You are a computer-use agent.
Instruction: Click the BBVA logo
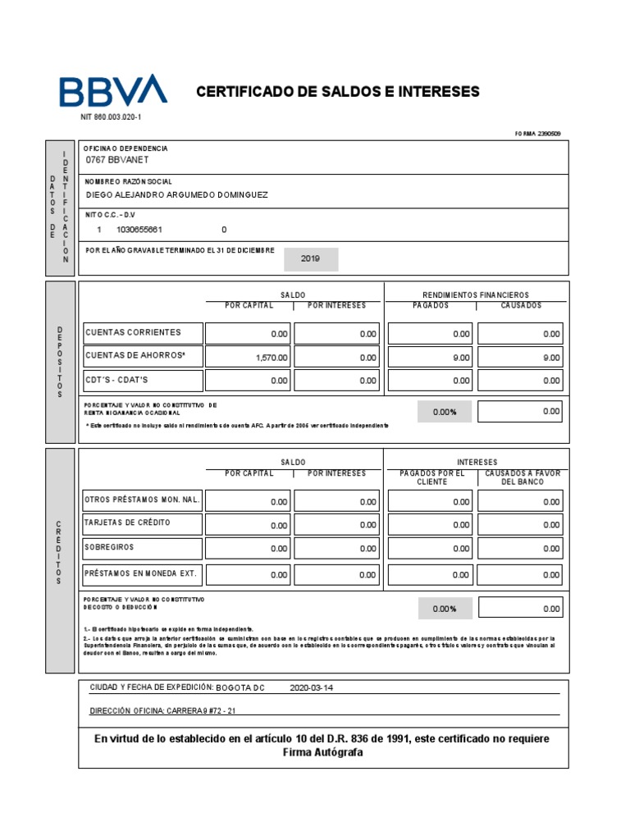(112, 90)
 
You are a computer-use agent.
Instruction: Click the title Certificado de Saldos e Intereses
(337, 91)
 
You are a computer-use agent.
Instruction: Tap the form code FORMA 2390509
(537, 133)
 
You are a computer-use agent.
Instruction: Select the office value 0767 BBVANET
(118, 160)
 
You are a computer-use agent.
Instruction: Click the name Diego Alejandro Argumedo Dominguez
(176, 194)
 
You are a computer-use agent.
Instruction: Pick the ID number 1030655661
(145, 230)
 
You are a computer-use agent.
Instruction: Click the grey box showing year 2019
(310, 258)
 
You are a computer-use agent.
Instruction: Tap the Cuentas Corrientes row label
(132, 332)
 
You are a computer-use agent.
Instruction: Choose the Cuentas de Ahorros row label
(135, 355)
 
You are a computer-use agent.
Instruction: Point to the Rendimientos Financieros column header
(476, 294)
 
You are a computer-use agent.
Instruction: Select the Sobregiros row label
(109, 546)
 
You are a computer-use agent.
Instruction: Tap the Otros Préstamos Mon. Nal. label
(142, 500)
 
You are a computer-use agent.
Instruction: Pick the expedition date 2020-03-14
(312, 688)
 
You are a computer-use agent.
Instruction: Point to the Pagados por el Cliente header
(431, 477)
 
